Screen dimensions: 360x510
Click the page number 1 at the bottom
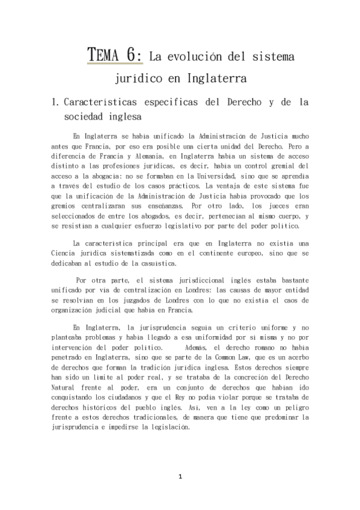click(180, 477)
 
